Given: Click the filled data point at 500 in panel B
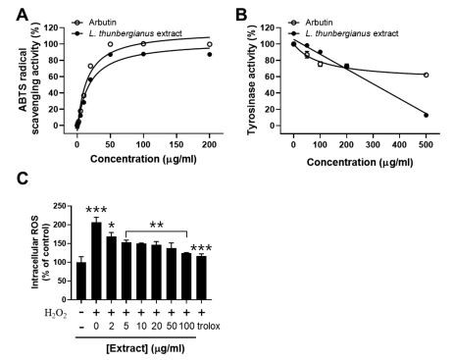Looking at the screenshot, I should (x=426, y=115).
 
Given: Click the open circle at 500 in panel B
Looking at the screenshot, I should (x=426, y=75).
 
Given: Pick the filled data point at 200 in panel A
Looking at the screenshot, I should (x=209, y=54).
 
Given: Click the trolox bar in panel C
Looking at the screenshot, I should (x=201, y=278).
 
